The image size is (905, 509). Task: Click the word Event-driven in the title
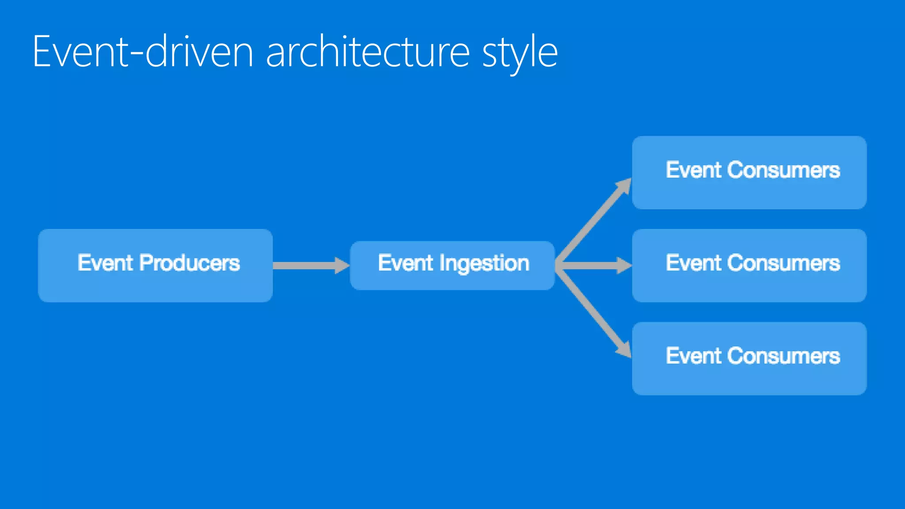click(143, 52)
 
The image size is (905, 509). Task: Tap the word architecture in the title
click(367, 52)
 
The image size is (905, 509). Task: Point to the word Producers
click(190, 263)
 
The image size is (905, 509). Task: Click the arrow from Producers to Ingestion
click(305, 266)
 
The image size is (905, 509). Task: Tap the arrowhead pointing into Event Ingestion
click(342, 266)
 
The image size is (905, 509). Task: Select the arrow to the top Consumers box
click(592, 221)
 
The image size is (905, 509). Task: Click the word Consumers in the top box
click(783, 170)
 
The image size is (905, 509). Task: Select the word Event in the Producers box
click(105, 263)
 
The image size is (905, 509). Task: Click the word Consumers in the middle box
click(783, 263)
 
